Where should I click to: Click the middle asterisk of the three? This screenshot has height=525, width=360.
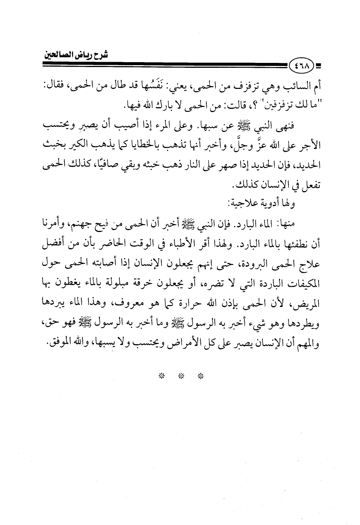tap(181, 376)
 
